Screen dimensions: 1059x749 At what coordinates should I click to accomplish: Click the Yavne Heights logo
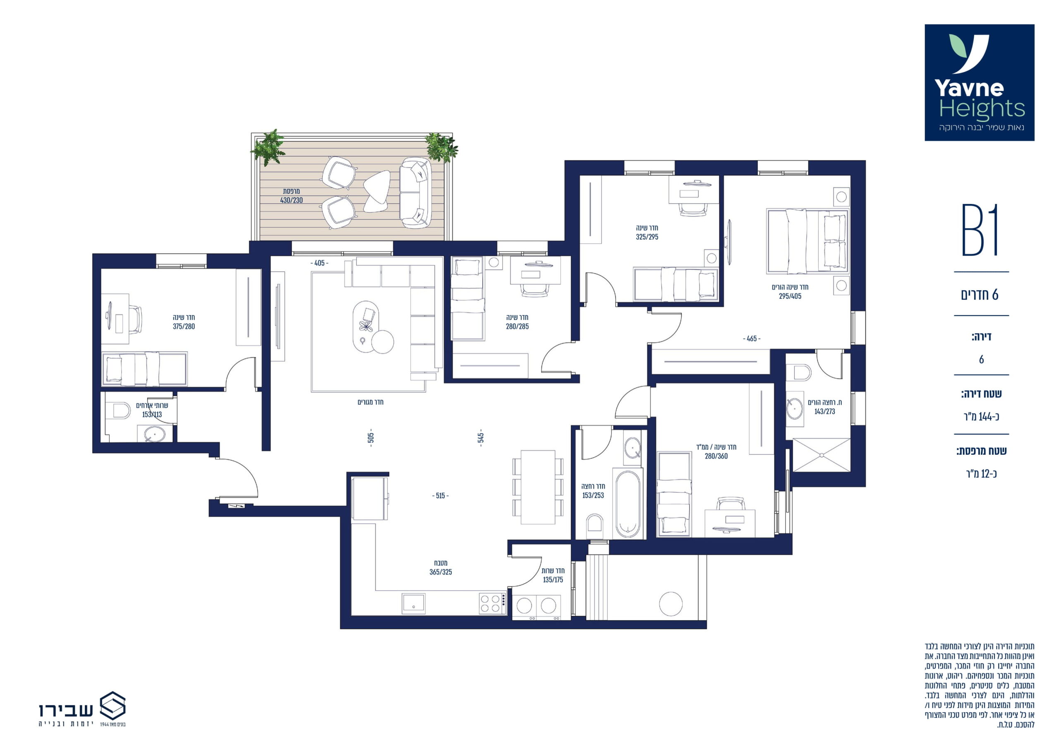click(980, 83)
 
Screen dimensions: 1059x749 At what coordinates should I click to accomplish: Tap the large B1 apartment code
click(980, 230)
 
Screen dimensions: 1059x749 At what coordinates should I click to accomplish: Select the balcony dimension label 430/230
click(292, 200)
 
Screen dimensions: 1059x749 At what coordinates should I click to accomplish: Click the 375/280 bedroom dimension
click(184, 326)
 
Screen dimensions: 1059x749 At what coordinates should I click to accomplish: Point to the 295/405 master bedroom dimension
click(790, 296)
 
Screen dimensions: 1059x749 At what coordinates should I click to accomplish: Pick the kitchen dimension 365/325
click(441, 572)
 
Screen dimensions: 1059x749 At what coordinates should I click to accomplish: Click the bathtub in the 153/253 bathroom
click(628, 504)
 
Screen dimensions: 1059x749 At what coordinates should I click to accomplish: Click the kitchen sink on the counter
click(413, 604)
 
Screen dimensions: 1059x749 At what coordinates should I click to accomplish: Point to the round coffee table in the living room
click(382, 342)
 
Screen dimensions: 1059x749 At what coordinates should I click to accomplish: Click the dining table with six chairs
click(538, 487)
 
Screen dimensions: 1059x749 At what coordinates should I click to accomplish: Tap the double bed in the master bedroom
click(807, 241)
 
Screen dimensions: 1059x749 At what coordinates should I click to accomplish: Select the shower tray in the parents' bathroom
click(821, 456)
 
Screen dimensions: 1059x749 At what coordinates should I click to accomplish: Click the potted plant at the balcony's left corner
click(268, 147)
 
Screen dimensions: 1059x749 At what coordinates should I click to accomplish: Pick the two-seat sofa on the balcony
click(415, 192)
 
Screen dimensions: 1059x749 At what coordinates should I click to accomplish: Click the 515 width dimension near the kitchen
click(441, 496)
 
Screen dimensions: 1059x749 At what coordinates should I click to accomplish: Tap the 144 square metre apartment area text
click(982, 417)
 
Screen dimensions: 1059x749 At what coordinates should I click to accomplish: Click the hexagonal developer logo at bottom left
click(113, 706)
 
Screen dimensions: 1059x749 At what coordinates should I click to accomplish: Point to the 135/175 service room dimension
click(553, 580)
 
